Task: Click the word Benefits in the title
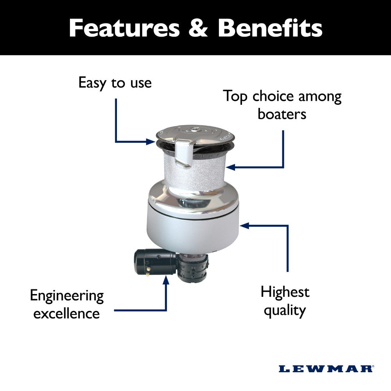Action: (270, 28)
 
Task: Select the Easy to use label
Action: (115, 83)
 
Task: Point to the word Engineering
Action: (67, 296)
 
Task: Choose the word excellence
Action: (66, 314)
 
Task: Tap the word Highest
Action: (285, 292)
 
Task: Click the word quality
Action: (284, 310)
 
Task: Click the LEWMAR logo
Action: (326, 368)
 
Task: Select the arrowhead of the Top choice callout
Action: (230, 167)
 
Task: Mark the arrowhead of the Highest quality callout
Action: (243, 226)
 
